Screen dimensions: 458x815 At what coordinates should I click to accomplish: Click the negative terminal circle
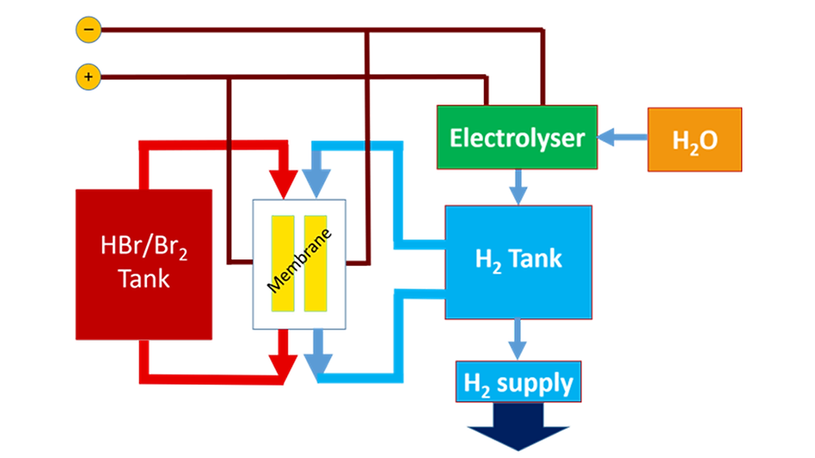pos(88,31)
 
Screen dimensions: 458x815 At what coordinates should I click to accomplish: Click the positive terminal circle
pos(88,78)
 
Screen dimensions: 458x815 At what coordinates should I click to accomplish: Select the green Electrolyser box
pos(516,138)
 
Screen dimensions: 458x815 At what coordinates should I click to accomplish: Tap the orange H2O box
pos(694,140)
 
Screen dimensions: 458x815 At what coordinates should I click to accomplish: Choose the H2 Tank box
pos(518,261)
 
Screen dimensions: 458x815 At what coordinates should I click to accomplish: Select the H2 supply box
pos(517,383)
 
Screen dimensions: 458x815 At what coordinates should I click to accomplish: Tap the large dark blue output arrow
pos(518,433)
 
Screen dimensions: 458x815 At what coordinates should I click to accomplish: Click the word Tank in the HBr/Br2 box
pos(143,278)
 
